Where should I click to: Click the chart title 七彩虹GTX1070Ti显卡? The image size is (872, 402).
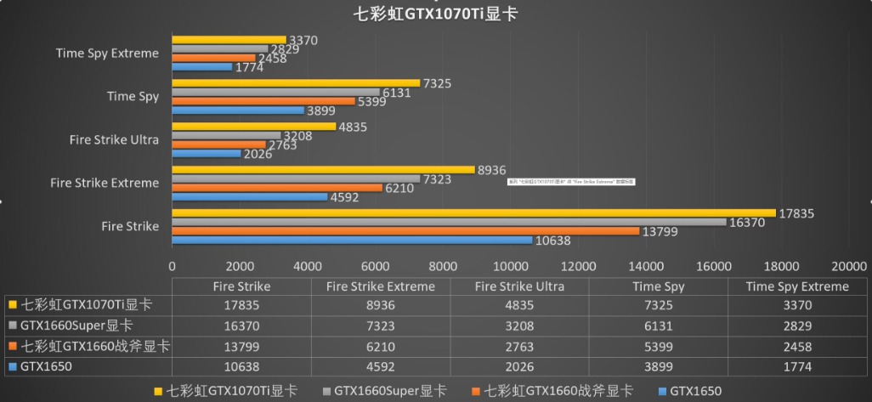(435, 14)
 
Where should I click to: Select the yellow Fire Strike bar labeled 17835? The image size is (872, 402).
(473, 213)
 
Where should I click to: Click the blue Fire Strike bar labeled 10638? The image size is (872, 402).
(352, 240)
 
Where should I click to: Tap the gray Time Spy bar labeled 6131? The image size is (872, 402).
(275, 92)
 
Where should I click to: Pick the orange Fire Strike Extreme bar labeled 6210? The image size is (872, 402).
(277, 188)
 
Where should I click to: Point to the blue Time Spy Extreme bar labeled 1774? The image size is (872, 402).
(202, 66)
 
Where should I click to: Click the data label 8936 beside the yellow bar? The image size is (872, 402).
(492, 170)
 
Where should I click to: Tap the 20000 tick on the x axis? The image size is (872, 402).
(849, 264)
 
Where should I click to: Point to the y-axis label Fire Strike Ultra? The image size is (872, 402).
(114, 139)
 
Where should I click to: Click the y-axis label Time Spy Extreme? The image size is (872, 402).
(107, 53)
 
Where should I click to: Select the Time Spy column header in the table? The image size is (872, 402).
(658, 286)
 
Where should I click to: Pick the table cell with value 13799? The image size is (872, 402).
(241, 347)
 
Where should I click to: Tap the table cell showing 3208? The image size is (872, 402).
(519, 326)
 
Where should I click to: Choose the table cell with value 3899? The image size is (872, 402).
(658, 367)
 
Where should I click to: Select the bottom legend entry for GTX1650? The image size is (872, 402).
(688, 391)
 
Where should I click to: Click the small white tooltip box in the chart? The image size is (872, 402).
(570, 181)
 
